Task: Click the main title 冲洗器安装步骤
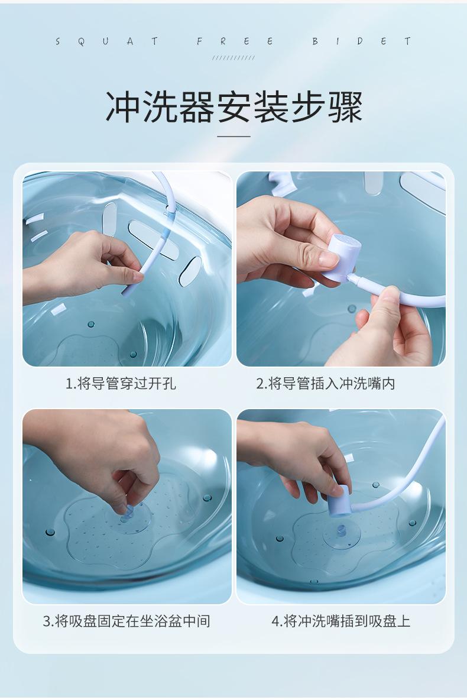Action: tap(234, 107)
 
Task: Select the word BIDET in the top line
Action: tap(361, 41)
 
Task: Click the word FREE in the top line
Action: tap(235, 41)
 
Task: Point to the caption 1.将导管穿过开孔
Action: tap(121, 384)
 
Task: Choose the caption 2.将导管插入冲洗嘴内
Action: tap(326, 384)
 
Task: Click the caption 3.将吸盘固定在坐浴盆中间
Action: tap(127, 621)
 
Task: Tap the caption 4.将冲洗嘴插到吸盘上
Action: tap(340, 621)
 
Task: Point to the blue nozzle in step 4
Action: tap(338, 501)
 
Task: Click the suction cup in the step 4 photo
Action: tap(342, 536)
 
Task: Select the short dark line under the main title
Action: tap(234, 137)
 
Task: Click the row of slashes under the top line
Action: tap(234, 57)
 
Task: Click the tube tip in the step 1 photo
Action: tap(125, 293)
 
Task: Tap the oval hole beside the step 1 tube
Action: tap(190, 271)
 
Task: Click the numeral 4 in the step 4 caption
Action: tap(275, 621)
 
